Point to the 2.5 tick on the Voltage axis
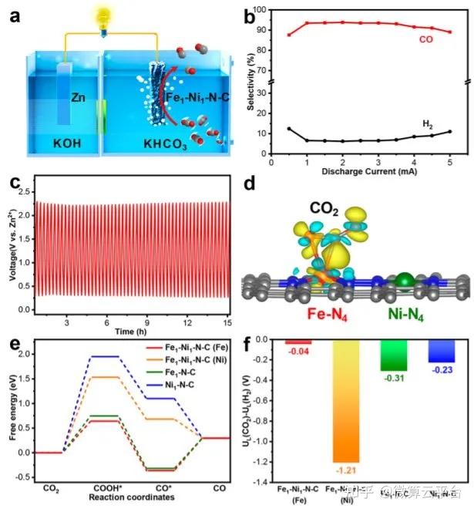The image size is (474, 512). pos(22,190)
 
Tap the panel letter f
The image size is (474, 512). pos(262,342)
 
